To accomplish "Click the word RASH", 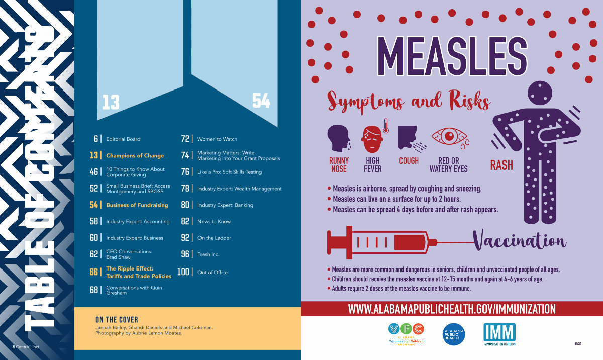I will tap(501, 165).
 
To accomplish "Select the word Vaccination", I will tap(520, 242).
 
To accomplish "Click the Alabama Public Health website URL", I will tap(452, 309).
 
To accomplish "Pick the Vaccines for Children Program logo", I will tap(406, 333).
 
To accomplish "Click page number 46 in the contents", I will tap(94, 172).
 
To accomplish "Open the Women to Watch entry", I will tap(217, 139).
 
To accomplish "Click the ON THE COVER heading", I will tap(117, 320).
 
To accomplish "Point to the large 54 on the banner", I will tap(261, 102).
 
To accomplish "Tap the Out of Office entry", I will tap(212, 272).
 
